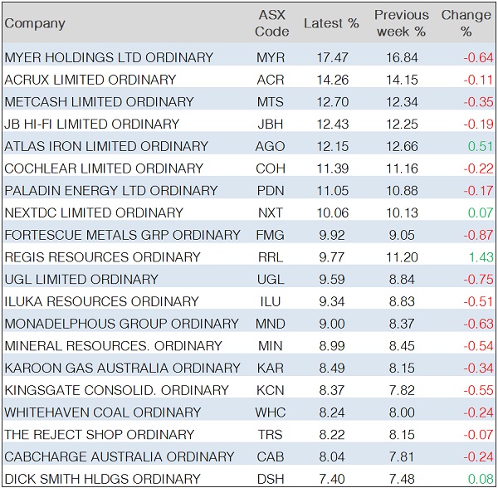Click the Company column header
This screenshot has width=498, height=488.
click(x=35, y=23)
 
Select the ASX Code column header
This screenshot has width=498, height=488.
click(x=272, y=23)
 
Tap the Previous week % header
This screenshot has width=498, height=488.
click(x=402, y=23)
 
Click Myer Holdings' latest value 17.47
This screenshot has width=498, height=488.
click(x=331, y=58)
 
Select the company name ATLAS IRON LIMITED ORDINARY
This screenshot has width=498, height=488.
click(x=106, y=146)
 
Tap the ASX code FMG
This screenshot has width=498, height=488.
click(x=271, y=235)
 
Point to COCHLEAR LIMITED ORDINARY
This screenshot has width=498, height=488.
click(x=104, y=168)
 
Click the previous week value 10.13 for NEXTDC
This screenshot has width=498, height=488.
click(x=402, y=212)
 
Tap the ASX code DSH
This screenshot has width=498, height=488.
click(x=271, y=479)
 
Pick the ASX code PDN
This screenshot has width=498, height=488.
click(x=271, y=191)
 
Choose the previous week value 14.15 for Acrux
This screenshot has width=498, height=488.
click(x=402, y=80)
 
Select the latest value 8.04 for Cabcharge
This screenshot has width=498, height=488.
click(x=331, y=456)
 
